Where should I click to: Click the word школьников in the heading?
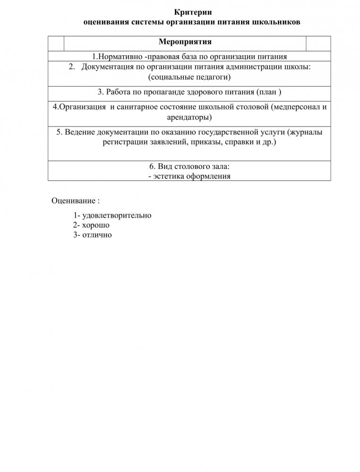276,22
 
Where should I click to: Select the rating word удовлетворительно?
117,215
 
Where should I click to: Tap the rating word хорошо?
95,225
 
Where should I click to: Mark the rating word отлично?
97,235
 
